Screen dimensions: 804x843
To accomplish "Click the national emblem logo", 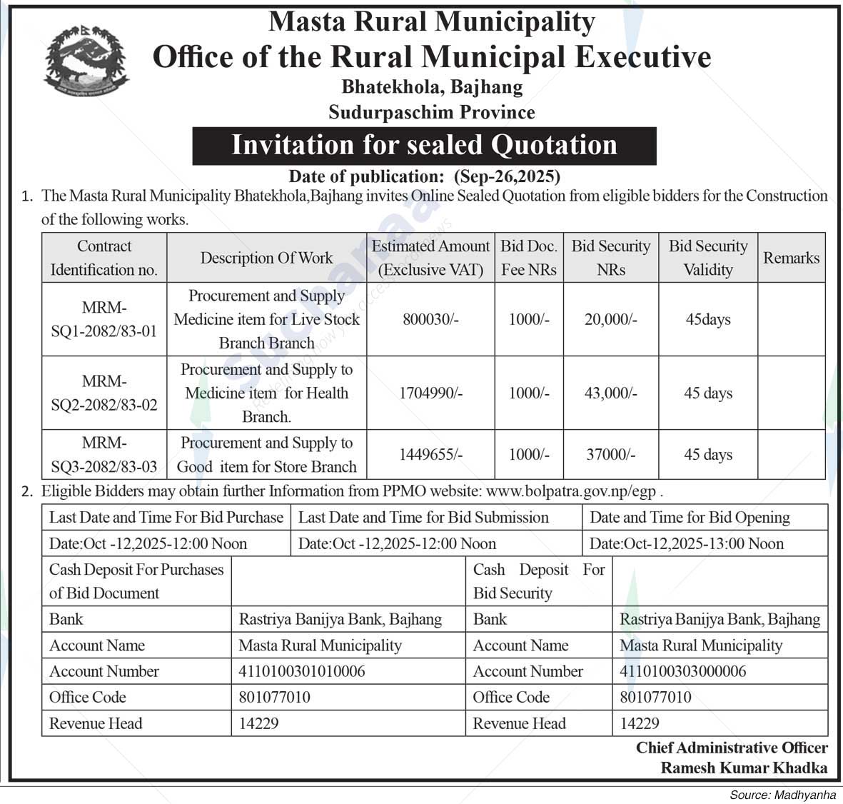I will [86, 61].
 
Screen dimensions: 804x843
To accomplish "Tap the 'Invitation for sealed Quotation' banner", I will [424, 146].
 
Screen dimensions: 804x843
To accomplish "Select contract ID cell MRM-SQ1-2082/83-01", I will [104, 319].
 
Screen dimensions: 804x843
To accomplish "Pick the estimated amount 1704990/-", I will [430, 393].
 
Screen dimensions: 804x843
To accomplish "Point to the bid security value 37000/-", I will [610, 454].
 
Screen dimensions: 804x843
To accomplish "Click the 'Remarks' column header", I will [791, 258].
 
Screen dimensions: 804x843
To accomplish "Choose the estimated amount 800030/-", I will [430, 319].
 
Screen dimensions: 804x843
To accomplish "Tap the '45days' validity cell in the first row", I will [707, 319].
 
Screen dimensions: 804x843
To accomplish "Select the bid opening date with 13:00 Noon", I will [686, 543].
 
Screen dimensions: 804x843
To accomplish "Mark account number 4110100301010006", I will [302, 671].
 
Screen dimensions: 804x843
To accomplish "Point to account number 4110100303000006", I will [683, 671].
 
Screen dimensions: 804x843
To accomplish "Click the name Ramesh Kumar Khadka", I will [744, 768].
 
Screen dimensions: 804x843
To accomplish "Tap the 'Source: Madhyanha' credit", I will [782, 795].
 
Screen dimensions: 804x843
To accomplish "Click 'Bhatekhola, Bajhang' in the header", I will [432, 87].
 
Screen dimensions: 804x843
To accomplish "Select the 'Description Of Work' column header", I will [266, 258].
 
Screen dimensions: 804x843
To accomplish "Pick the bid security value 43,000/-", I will [610, 393].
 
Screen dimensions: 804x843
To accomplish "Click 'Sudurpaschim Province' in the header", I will [431, 112].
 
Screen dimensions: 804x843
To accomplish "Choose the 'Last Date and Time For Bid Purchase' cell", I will [166, 517].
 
